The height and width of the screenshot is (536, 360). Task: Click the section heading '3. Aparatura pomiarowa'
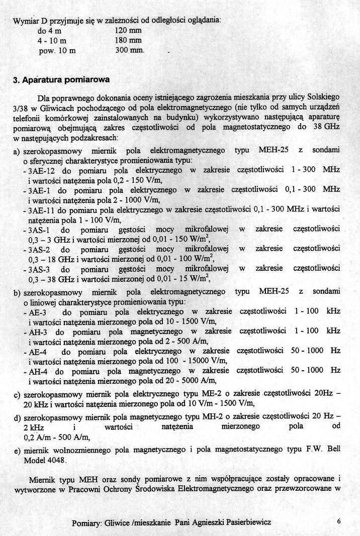pos(61,79)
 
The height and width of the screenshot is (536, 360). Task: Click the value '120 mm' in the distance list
pos(128,30)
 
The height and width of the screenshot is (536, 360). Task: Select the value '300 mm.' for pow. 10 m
pos(130,51)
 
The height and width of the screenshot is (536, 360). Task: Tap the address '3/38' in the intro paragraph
pos(24,107)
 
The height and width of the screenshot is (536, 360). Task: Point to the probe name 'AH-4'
pos(39,371)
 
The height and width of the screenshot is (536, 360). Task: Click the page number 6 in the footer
pos(340,521)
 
